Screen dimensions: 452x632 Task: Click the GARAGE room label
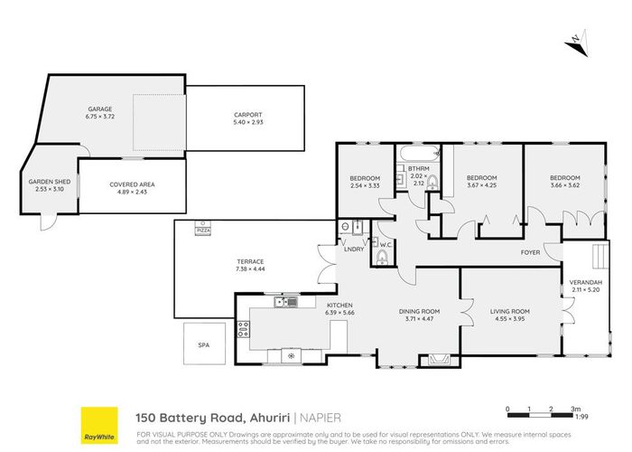tap(99, 107)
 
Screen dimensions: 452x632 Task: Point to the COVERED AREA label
tap(128, 184)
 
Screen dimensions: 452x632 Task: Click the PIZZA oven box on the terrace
tap(203, 231)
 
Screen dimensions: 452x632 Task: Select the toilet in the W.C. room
tap(382, 260)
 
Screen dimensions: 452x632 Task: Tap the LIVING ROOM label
tap(510, 312)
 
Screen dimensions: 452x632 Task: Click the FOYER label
tap(529, 252)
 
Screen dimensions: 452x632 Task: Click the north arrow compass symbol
tap(574, 42)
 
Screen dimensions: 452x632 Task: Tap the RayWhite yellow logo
tap(98, 425)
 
